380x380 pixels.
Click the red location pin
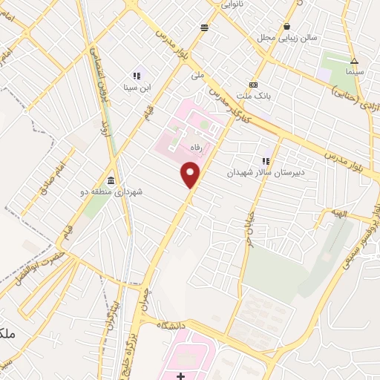pyautogui.click(x=191, y=175)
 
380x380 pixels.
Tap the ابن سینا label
pyautogui.click(x=137, y=88)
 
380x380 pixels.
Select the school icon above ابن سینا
pyautogui.click(x=137, y=76)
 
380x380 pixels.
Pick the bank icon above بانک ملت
pyautogui.click(x=254, y=84)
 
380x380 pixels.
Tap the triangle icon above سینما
pyautogui.click(x=354, y=62)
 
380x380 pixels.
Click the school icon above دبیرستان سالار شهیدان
pyautogui.click(x=266, y=160)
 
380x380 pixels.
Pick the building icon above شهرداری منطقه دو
pyautogui.click(x=111, y=180)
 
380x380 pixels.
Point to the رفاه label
pyautogui.click(x=197, y=147)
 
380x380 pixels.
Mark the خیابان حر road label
pyautogui.click(x=247, y=227)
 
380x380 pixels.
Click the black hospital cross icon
pyautogui.click(x=181, y=376)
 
